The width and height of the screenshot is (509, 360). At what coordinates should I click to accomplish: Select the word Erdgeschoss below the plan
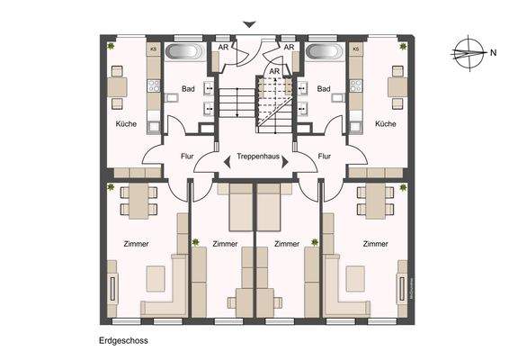point(123,341)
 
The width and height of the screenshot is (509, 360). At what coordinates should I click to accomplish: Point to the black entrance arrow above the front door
point(249,24)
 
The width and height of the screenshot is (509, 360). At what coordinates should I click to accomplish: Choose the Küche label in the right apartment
point(385,124)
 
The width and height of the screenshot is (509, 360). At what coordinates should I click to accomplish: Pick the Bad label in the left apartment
point(188,89)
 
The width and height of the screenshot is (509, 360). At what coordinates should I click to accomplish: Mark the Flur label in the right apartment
point(325,156)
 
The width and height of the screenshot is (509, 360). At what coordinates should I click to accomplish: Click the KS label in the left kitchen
point(153,49)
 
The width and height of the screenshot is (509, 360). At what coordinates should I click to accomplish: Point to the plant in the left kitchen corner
point(111,45)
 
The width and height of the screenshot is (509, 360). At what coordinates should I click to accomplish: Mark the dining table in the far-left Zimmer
point(137,200)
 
